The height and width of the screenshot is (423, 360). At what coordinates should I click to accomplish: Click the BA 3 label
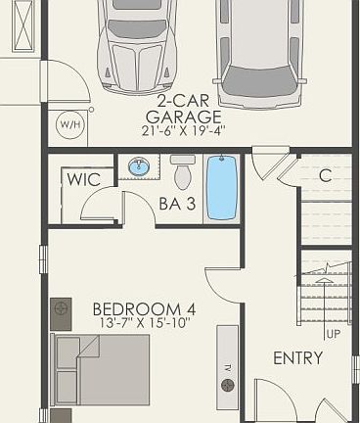pos(177,205)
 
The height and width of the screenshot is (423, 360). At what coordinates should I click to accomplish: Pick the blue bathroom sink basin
pos(139,167)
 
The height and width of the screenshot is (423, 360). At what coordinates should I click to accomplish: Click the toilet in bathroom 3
pos(182,172)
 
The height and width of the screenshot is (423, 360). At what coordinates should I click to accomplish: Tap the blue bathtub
pos(222,188)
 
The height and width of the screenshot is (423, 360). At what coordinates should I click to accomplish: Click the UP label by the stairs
pos(333,334)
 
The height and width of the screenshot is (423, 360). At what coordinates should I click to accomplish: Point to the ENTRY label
pos(297,358)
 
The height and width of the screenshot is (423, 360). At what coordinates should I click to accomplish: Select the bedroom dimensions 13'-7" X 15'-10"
pos(144,322)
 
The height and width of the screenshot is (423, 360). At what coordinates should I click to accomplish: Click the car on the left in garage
pos(138,44)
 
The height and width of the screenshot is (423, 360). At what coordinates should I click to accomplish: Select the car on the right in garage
pos(258,49)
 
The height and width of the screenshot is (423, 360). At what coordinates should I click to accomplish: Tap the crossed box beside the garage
pos(18,27)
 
